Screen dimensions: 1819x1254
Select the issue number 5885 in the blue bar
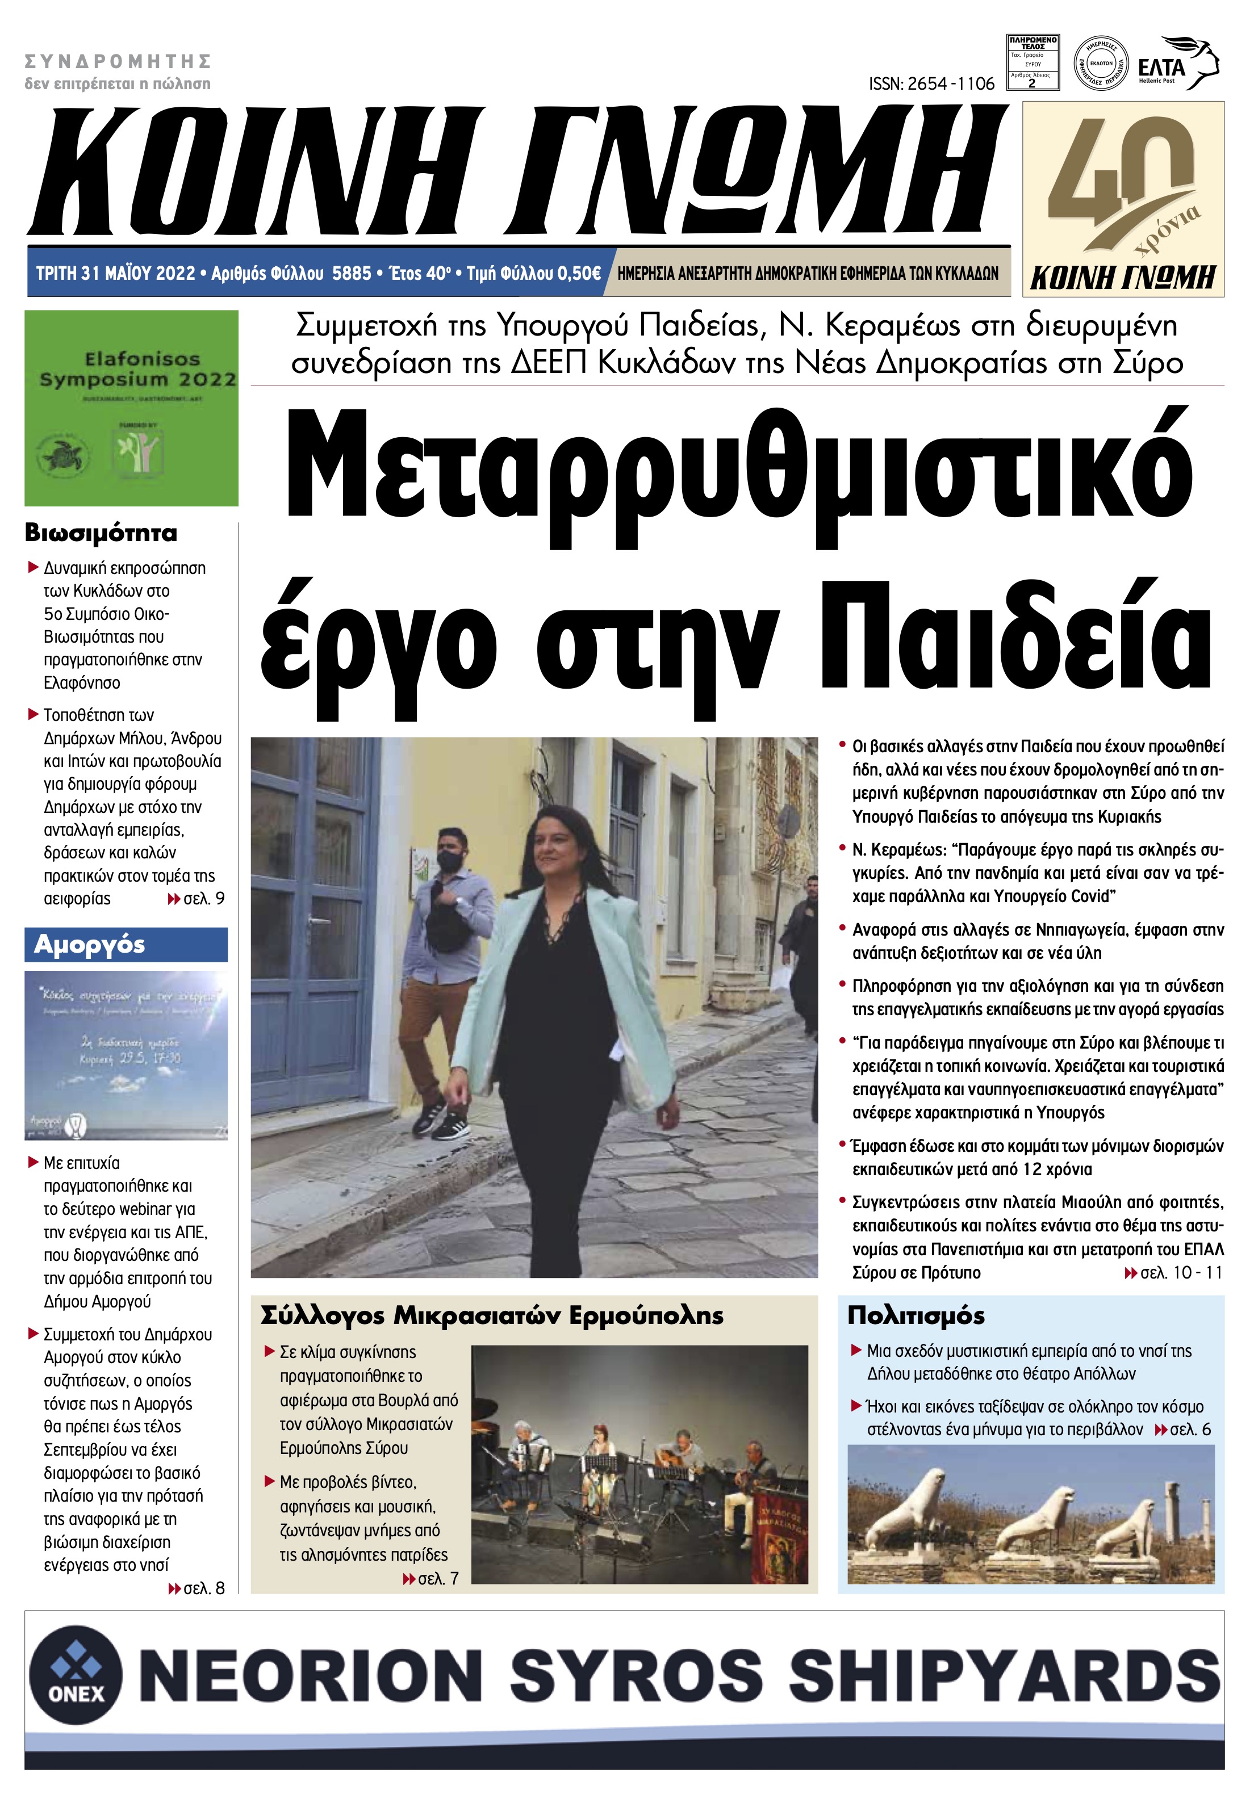click(x=351, y=273)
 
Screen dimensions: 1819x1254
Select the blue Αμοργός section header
click(x=126, y=945)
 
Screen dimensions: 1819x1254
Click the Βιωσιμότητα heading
click(x=101, y=533)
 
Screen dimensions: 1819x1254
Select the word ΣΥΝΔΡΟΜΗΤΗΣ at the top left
click(x=118, y=61)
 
